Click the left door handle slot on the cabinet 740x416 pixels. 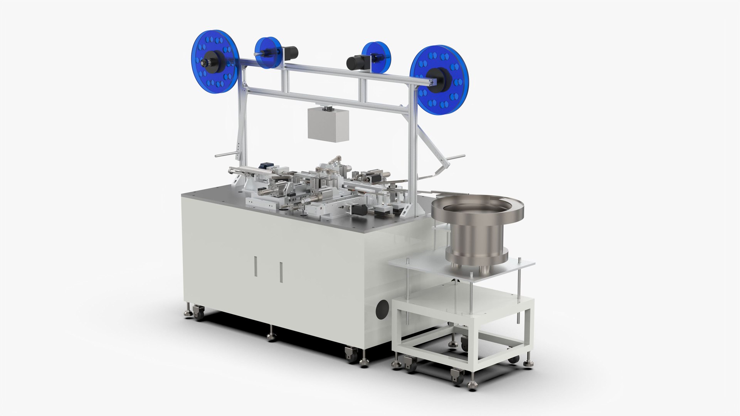(255, 267)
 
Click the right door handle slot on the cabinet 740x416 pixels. (281, 272)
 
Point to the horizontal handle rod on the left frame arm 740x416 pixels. (226, 155)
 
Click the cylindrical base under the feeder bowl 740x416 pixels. (477, 245)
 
